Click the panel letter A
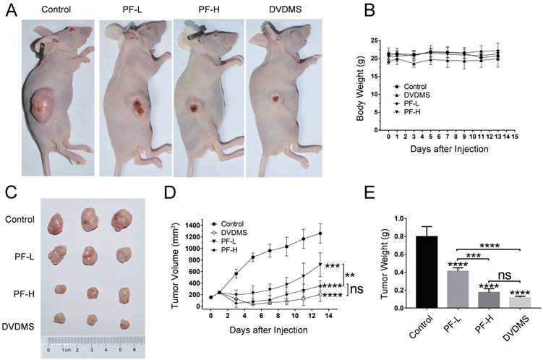click(x=11, y=12)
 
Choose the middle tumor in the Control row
click(x=90, y=218)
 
